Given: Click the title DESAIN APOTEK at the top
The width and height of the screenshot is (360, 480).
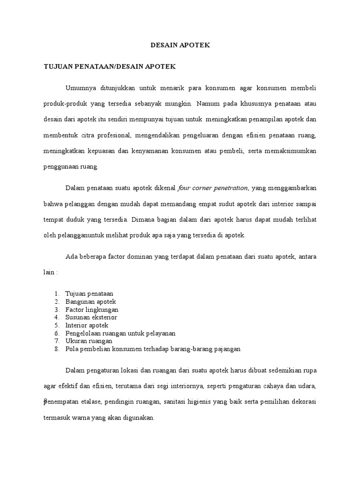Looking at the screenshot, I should [180, 45].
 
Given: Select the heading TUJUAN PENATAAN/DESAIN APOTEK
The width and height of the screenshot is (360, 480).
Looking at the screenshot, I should [110, 67].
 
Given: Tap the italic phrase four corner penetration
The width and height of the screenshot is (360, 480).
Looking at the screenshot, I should [213, 188].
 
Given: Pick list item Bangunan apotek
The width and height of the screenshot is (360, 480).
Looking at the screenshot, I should [90, 301].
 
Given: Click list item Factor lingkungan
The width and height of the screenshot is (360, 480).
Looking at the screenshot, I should [92, 309].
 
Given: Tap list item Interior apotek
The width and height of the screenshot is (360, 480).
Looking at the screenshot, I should [87, 325].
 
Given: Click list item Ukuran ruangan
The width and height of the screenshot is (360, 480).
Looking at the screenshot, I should [89, 341].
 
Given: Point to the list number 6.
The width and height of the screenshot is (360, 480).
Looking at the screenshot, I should [56, 333].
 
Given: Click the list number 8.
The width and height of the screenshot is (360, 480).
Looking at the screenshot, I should [56, 349].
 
